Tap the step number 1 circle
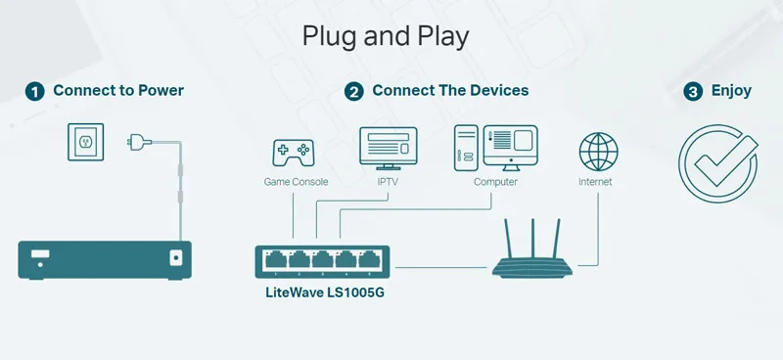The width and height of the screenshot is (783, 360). [35, 92]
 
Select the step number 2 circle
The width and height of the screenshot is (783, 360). [354, 92]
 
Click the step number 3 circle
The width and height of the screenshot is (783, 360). [693, 92]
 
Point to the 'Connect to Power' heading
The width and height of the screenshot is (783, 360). [118, 91]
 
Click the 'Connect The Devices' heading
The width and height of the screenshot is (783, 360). [450, 91]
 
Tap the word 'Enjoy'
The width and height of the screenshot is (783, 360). [731, 91]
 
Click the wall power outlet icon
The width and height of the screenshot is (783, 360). [84, 143]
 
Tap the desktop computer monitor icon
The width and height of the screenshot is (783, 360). [510, 145]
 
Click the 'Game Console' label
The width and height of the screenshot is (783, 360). [296, 182]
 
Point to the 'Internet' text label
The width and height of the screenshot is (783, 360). [595, 182]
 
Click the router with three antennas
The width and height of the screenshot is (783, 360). [532, 255]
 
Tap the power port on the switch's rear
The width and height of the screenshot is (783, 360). [177, 258]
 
